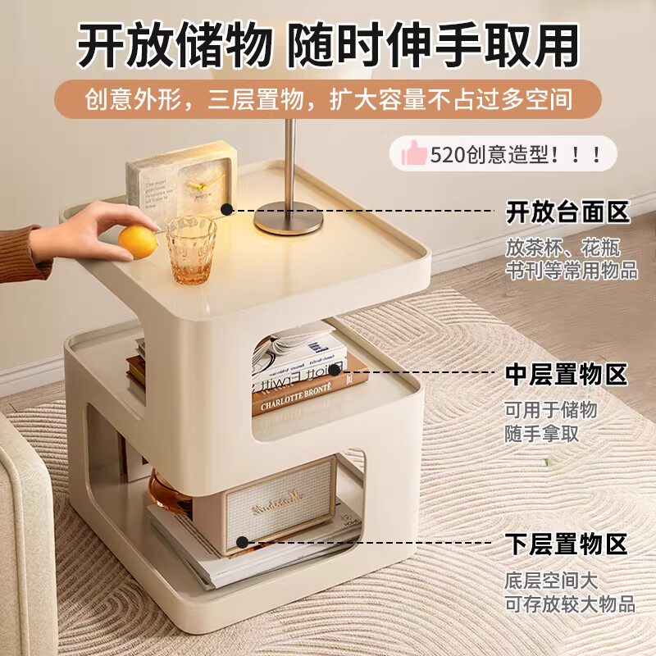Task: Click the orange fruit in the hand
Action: tap(139, 242)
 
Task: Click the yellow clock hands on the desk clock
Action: tap(201, 182)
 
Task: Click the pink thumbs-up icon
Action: tap(414, 153)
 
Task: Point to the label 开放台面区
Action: tap(567, 212)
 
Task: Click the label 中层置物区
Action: tap(567, 374)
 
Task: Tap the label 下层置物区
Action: tap(566, 544)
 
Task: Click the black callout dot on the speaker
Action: tap(242, 543)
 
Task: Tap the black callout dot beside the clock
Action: tap(226, 209)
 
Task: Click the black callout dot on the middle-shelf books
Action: tap(335, 370)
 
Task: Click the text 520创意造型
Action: tap(489, 155)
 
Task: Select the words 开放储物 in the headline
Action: tap(175, 45)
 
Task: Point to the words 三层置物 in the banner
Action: tap(256, 100)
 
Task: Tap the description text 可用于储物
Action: tap(550, 409)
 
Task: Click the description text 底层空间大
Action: tap(551, 581)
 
